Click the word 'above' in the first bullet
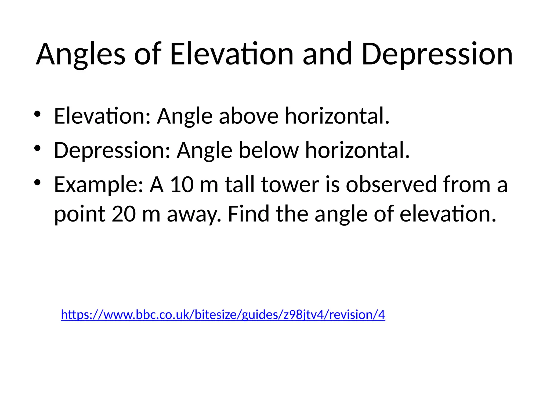coord(249,116)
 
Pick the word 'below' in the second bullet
coord(269,150)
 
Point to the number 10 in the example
coord(182,185)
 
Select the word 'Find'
coord(248,214)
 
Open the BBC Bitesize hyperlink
coord(223,315)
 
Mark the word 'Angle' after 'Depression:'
coord(204,150)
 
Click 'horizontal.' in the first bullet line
coord(337,116)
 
